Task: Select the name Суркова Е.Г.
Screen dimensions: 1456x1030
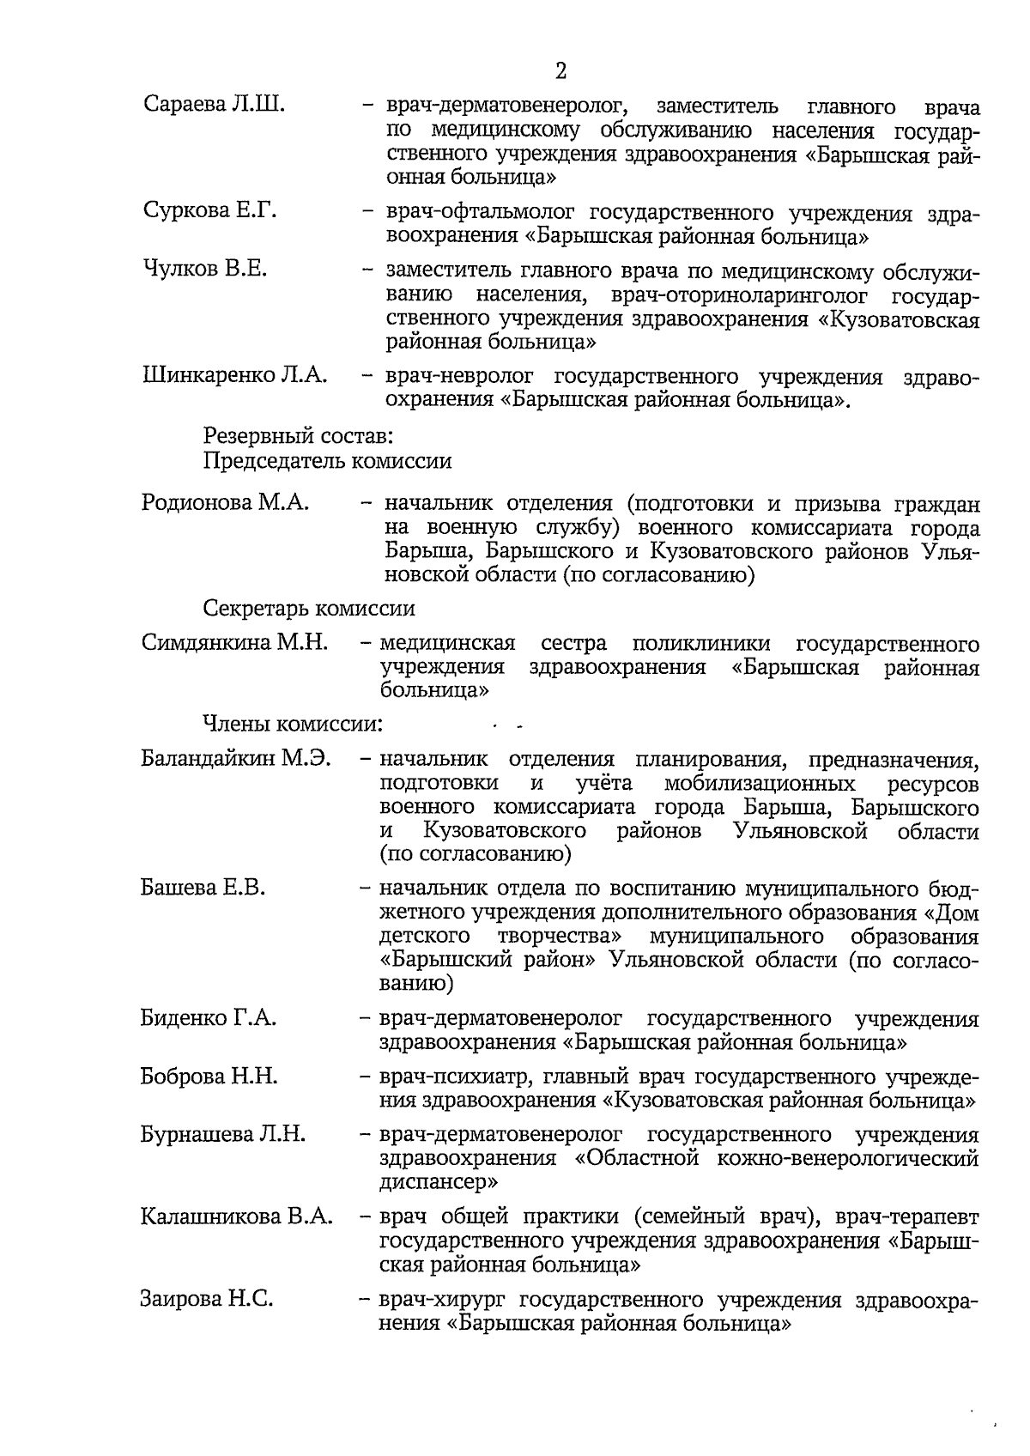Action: (209, 210)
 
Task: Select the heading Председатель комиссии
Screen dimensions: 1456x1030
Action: (327, 461)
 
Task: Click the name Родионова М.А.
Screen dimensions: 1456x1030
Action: (225, 503)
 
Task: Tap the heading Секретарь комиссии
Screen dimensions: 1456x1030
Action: (309, 609)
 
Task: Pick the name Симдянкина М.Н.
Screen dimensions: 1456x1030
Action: (234, 643)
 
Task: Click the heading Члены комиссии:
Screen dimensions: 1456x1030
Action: (293, 724)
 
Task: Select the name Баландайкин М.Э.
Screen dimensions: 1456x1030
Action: (236, 760)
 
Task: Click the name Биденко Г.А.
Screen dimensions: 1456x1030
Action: (208, 1019)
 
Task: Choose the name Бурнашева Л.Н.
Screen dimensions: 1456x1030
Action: (222, 1135)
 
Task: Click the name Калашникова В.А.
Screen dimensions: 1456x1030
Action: (236, 1217)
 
